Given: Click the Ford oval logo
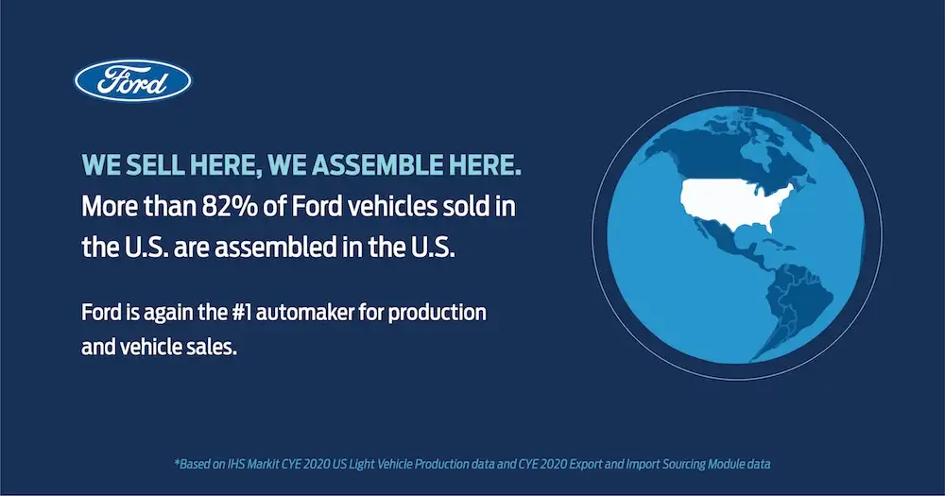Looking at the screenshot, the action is coord(133,80).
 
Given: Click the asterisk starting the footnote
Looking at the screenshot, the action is coord(177,462).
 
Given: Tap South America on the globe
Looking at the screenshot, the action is coord(795,306).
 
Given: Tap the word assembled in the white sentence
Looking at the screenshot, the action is coord(276,248).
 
